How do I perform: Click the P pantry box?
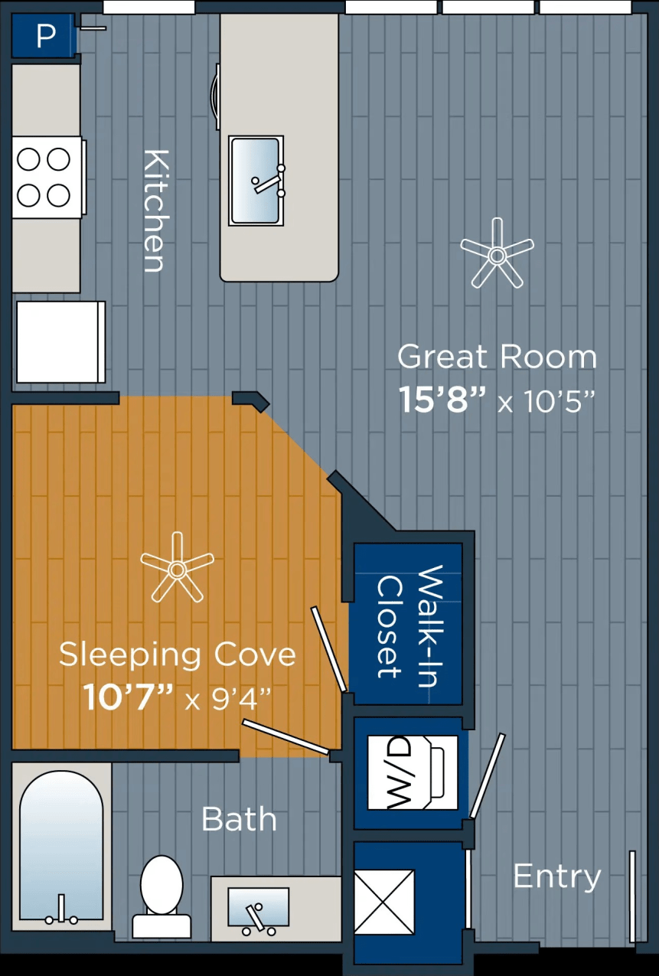(44, 36)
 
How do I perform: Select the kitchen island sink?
(256, 181)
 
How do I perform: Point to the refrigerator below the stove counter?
(60, 341)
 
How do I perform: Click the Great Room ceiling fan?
(497, 253)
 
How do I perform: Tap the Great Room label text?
(497, 357)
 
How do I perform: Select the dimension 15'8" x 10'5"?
(497, 400)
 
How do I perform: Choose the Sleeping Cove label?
(177, 654)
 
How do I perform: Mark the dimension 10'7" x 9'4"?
(177, 697)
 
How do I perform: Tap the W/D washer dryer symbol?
(413, 772)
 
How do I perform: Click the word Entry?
(556, 876)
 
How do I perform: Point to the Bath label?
(238, 819)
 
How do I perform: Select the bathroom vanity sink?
(259, 908)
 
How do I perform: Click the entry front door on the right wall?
(632, 896)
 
